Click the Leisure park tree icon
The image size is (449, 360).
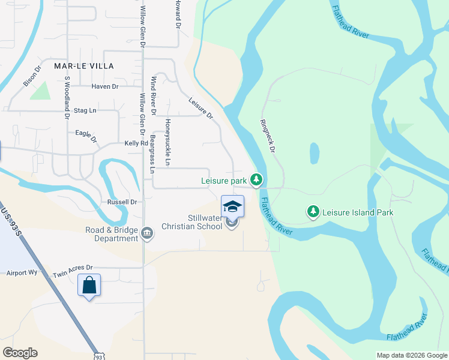[256, 179]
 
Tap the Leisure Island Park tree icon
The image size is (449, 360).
[313, 211]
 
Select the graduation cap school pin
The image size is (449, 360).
[233, 207]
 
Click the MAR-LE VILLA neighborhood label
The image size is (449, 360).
[84, 65]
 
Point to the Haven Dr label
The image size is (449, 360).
[105, 86]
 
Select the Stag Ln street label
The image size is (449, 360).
[85, 111]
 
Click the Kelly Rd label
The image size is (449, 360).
[136, 143]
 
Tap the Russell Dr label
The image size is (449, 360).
[122, 202]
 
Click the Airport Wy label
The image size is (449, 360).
[21, 272]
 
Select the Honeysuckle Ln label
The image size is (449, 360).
[169, 143]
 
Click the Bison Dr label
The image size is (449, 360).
[31, 76]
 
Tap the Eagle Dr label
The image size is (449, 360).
[86, 136]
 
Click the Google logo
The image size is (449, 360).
[20, 353]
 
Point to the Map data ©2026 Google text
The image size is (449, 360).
[411, 355]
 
